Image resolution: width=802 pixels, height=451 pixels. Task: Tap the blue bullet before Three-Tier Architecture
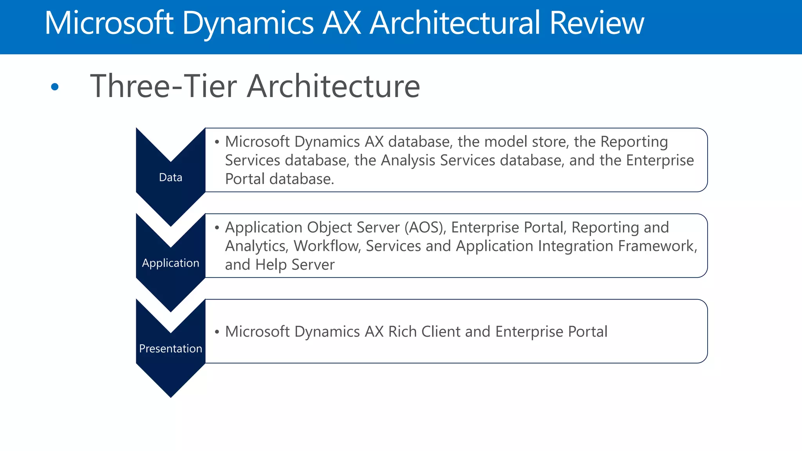point(55,87)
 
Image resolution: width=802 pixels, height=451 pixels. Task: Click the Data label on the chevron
point(170,177)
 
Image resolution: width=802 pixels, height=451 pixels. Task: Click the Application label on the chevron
point(170,263)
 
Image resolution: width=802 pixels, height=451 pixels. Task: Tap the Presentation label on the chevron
point(170,348)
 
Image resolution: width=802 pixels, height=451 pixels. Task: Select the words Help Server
point(295,265)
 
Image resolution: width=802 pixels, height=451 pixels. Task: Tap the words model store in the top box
point(526,142)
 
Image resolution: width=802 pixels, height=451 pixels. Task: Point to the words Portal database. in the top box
point(279,179)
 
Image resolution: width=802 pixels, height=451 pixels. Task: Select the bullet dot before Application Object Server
point(217,228)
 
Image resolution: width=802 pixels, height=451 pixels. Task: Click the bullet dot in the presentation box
point(217,332)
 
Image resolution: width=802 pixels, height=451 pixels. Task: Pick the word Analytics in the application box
point(256,246)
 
